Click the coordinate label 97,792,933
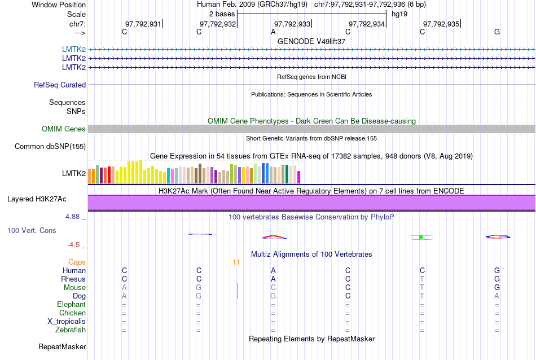coord(292,24)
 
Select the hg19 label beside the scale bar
coord(399,14)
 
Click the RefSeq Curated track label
coord(60,85)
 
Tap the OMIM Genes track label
coord(64,129)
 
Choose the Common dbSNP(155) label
coord(50,147)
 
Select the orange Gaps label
coord(77,262)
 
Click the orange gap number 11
coord(236,262)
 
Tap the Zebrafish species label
coord(71,330)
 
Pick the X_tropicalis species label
coord(67,322)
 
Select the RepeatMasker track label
coord(62,346)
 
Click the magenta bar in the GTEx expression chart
coord(299,177)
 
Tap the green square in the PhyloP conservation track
coord(421,237)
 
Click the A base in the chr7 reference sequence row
coord(273,32)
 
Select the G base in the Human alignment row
coord(497,271)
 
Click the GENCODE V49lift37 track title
coord(311,41)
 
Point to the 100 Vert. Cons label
coord(32,231)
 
